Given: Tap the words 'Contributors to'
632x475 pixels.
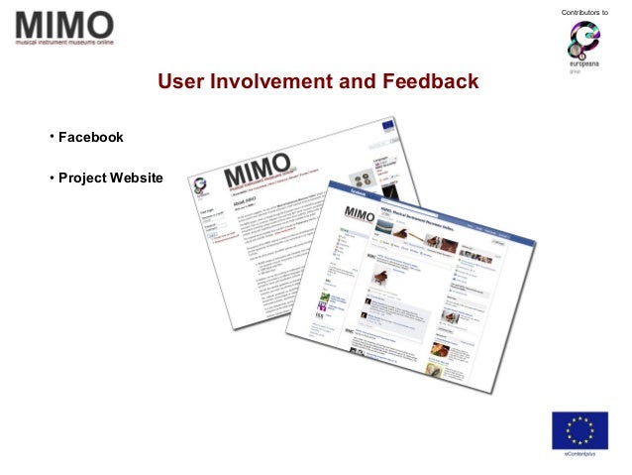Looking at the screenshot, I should pyautogui.click(x=583, y=12).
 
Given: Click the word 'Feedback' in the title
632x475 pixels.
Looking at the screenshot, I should pyautogui.click(x=430, y=81).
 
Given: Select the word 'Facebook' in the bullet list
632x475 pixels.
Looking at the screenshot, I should pyautogui.click(x=91, y=137).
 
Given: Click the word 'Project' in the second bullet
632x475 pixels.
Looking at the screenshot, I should pyautogui.click(x=83, y=178).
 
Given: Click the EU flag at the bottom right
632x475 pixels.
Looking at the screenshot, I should pyautogui.click(x=579, y=429).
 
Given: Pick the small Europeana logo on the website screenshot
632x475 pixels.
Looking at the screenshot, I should pyautogui.click(x=202, y=183).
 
